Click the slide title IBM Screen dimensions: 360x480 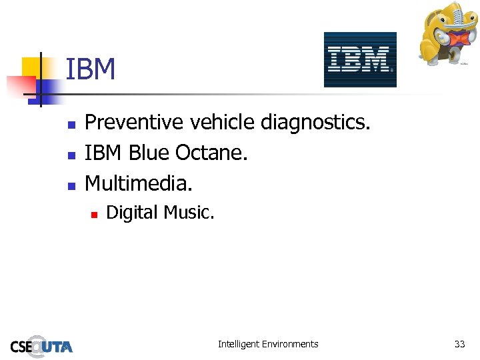point(91,69)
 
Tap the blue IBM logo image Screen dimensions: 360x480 point(360,59)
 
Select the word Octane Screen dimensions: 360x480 point(211,153)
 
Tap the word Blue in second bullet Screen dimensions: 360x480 point(149,153)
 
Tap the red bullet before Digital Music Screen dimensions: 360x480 point(94,214)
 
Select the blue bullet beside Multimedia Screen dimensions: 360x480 point(73,183)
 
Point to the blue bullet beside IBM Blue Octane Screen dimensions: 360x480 point(73,154)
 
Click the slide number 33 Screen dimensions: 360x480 point(459,344)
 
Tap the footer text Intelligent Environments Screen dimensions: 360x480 point(268,344)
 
